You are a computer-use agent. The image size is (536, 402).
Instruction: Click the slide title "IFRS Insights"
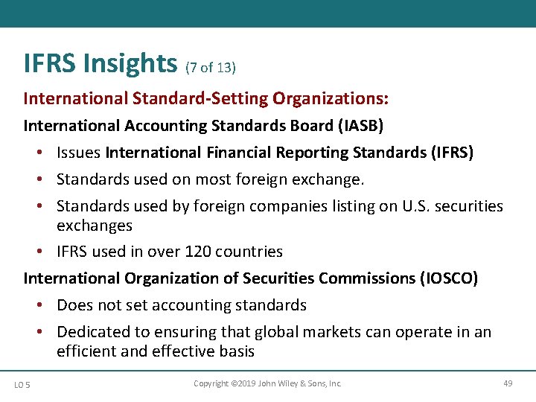pyautogui.click(x=101, y=63)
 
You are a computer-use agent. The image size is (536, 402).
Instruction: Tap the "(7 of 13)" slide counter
pyautogui.click(x=211, y=68)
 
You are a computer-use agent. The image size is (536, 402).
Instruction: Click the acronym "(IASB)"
pyautogui.click(x=360, y=126)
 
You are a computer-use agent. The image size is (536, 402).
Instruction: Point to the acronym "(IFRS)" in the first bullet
pyautogui.click(x=451, y=153)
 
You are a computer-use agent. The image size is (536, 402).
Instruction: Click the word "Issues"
pyautogui.click(x=79, y=153)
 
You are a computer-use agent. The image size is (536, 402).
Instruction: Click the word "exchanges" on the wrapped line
pyautogui.click(x=95, y=225)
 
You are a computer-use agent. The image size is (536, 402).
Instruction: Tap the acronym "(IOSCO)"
pyautogui.click(x=449, y=278)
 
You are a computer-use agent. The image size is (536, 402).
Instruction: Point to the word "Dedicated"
pyautogui.click(x=92, y=332)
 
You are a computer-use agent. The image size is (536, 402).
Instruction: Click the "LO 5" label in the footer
pyautogui.click(x=22, y=384)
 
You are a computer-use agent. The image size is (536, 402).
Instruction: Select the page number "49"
pyautogui.click(x=508, y=383)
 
